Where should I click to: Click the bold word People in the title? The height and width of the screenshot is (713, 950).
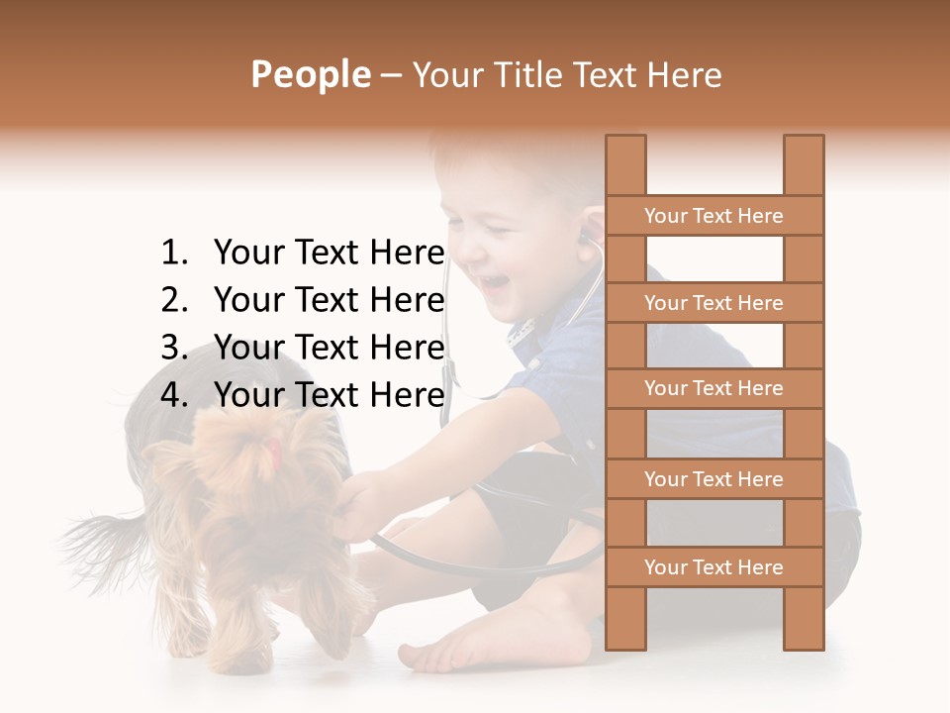coord(311,74)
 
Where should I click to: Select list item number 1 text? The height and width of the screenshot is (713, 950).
coord(329,254)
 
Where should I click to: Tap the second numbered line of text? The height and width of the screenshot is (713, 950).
coord(329,300)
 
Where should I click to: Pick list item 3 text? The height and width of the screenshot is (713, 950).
coord(329,348)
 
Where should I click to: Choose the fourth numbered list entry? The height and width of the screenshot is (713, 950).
coord(329,395)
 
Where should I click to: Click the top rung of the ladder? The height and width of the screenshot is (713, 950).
coord(714,216)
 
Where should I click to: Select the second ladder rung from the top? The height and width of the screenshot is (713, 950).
coord(714,303)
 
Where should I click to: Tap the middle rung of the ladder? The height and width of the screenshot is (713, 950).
coord(714,389)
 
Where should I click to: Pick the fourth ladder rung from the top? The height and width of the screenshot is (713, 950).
coord(714,479)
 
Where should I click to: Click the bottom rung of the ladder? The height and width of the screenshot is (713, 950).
coord(714,567)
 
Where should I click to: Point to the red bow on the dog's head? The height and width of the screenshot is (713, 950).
coord(272,454)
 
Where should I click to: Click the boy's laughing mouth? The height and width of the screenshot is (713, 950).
coord(494,285)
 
